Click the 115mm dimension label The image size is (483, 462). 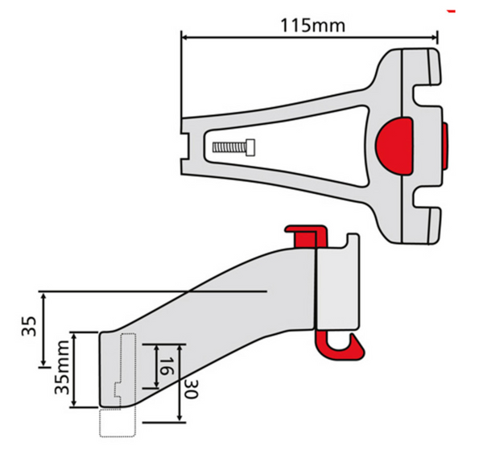tap(312, 24)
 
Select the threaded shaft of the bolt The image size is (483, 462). tap(229, 147)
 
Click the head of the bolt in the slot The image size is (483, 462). tap(250, 147)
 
